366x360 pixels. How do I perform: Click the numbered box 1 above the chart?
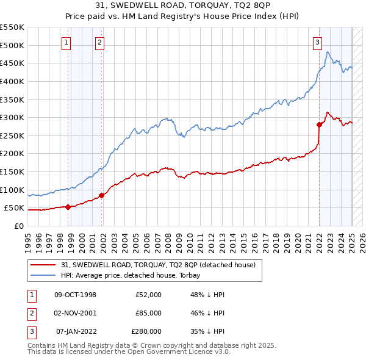point(65,42)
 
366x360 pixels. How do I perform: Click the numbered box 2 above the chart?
point(99,42)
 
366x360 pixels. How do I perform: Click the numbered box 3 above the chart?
point(317,42)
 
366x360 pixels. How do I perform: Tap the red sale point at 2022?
point(319,124)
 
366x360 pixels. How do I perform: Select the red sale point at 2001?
point(102,195)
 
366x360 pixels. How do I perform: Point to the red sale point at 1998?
point(68,207)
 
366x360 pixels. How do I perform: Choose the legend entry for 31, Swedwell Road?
point(161,265)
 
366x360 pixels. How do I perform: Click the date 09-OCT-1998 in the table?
point(76,295)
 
